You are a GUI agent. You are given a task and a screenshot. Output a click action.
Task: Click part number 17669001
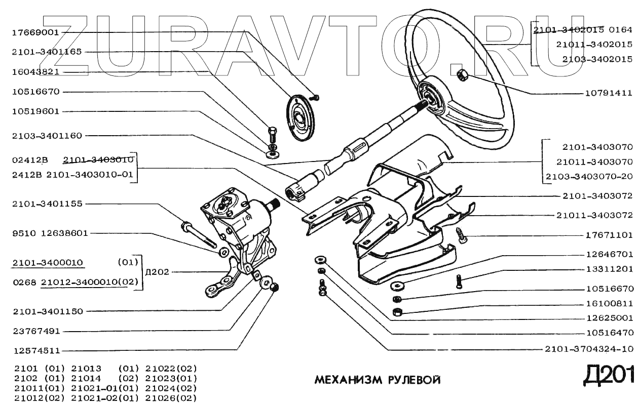[x=35, y=32]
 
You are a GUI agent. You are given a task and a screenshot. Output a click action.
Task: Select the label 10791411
[x=608, y=93]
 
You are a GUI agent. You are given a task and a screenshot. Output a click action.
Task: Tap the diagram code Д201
[x=608, y=375]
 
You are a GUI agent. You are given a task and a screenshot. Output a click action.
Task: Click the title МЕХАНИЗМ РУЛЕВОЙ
[x=378, y=380]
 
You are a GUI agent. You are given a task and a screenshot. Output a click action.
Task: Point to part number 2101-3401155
[x=47, y=204]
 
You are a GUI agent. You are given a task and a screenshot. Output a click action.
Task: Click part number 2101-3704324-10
[x=588, y=349]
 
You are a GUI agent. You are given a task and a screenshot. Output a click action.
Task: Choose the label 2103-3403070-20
[x=589, y=177]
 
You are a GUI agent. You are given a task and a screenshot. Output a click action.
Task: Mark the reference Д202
[x=156, y=272]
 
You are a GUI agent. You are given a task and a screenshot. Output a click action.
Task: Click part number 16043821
[x=35, y=72]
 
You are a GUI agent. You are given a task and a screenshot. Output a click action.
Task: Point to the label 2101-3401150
[x=47, y=311]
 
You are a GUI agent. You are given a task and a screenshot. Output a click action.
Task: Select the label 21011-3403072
[x=594, y=216]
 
